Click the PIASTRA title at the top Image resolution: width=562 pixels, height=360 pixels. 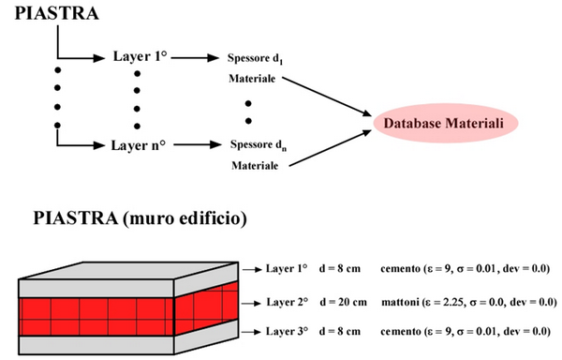coord(56,13)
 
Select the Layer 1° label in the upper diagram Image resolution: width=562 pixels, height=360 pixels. coord(140,56)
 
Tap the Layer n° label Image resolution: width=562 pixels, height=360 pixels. coord(139,145)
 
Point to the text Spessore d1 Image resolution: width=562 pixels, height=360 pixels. coord(255,58)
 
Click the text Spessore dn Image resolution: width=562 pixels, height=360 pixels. coord(259,145)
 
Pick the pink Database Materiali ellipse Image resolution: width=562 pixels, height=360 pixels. coord(446,123)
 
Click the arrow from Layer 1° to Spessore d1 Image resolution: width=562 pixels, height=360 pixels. coord(195,57)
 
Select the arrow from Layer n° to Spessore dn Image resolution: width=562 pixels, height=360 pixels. coord(198,145)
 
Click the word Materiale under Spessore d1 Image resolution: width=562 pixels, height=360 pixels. coord(252,78)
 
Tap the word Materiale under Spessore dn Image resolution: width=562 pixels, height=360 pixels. coord(255,165)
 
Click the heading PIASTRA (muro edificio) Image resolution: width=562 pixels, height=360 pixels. coord(140,218)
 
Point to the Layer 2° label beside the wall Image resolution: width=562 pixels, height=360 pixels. coord(288,302)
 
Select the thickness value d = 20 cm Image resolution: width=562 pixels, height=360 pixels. coord(344,302)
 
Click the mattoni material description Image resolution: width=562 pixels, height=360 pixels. coord(469,302)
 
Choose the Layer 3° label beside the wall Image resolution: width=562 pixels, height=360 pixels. coord(287,331)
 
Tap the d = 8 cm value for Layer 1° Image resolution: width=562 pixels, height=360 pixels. coord(340,268)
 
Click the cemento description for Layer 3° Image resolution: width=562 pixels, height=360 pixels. coord(466,331)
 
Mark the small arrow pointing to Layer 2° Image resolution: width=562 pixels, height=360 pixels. coord(251,304)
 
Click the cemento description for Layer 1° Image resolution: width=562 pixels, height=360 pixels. coord(465,268)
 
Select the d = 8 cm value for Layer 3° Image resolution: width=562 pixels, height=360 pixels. coord(340,331)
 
